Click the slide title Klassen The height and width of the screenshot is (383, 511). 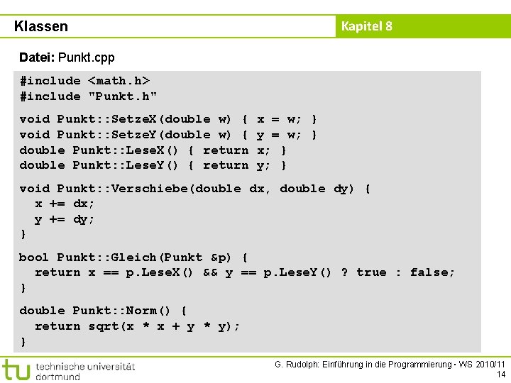[41, 27]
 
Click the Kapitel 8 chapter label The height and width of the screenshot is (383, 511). [366, 27]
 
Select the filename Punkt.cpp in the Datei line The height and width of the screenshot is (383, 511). [87, 57]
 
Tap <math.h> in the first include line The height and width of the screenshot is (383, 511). [119, 81]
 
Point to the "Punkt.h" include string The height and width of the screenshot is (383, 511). [122, 96]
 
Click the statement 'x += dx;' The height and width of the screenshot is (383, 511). [65, 204]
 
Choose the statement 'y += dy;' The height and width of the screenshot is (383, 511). [65, 220]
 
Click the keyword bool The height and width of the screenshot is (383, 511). [34, 257]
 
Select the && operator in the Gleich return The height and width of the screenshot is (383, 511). [210, 273]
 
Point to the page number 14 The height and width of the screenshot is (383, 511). [501, 374]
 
